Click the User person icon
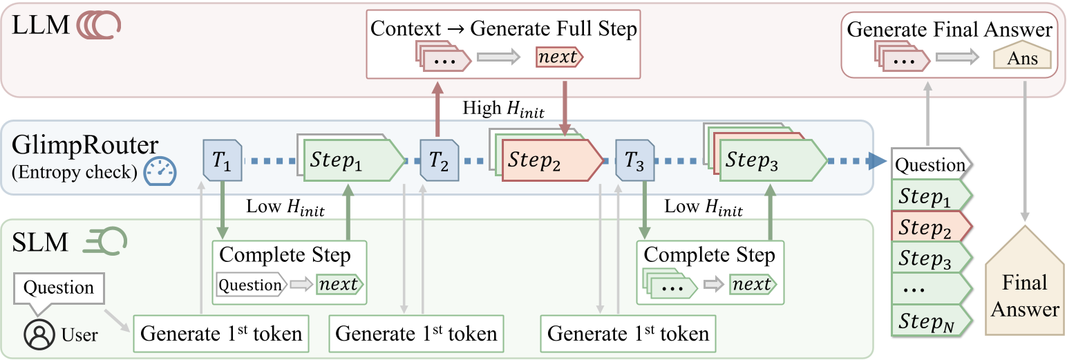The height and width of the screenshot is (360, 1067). [x=39, y=334]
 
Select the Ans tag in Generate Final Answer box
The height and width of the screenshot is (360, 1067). [x=1022, y=59]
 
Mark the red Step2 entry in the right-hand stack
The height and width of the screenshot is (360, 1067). [x=930, y=227]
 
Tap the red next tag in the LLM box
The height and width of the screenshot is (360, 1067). [x=558, y=57]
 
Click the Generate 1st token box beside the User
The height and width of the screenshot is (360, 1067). [x=221, y=334]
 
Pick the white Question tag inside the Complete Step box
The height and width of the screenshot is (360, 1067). [x=250, y=284]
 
